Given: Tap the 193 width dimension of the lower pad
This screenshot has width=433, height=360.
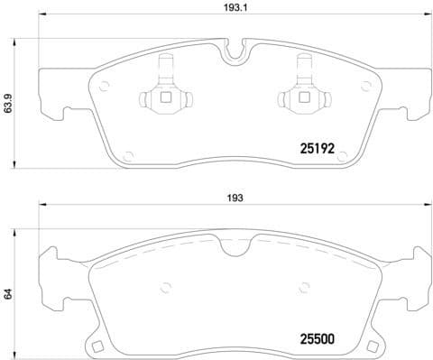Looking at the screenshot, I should (x=235, y=198).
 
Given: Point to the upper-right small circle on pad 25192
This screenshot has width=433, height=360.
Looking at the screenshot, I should (x=365, y=86).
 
